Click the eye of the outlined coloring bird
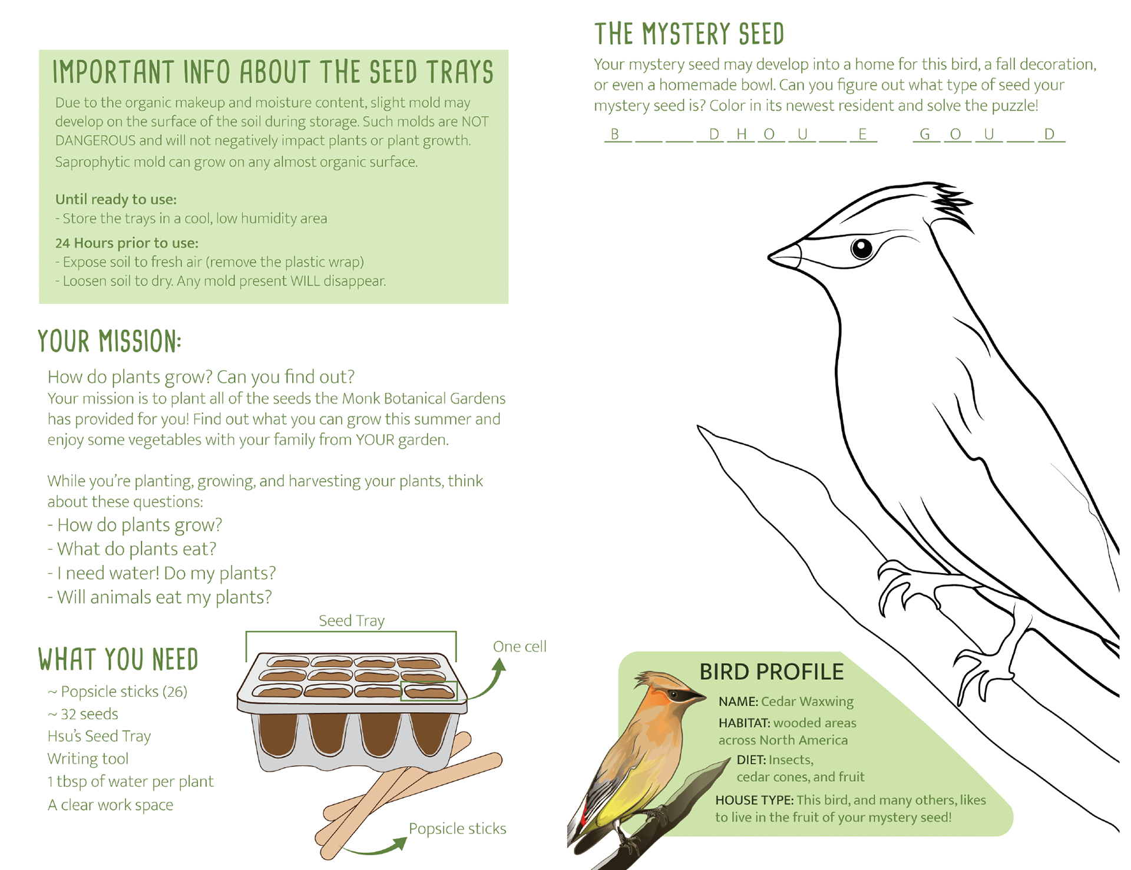coord(862,248)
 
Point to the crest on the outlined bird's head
coord(950,204)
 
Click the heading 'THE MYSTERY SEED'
coord(689,34)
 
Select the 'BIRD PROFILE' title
coord(771,671)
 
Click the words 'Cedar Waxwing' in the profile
coord(807,702)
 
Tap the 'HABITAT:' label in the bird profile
coord(744,723)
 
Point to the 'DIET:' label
coord(750,760)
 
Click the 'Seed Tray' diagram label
coord(352,621)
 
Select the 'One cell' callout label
coord(520,647)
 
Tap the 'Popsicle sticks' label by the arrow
coord(457,829)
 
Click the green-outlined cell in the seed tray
coord(428,691)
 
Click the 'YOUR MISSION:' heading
coord(110,342)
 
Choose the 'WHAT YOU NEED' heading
coord(118,660)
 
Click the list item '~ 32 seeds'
coord(83,714)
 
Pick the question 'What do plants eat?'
coord(136,549)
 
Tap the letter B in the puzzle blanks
coord(615,134)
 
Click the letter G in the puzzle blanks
coord(925,134)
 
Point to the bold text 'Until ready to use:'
coord(116,199)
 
